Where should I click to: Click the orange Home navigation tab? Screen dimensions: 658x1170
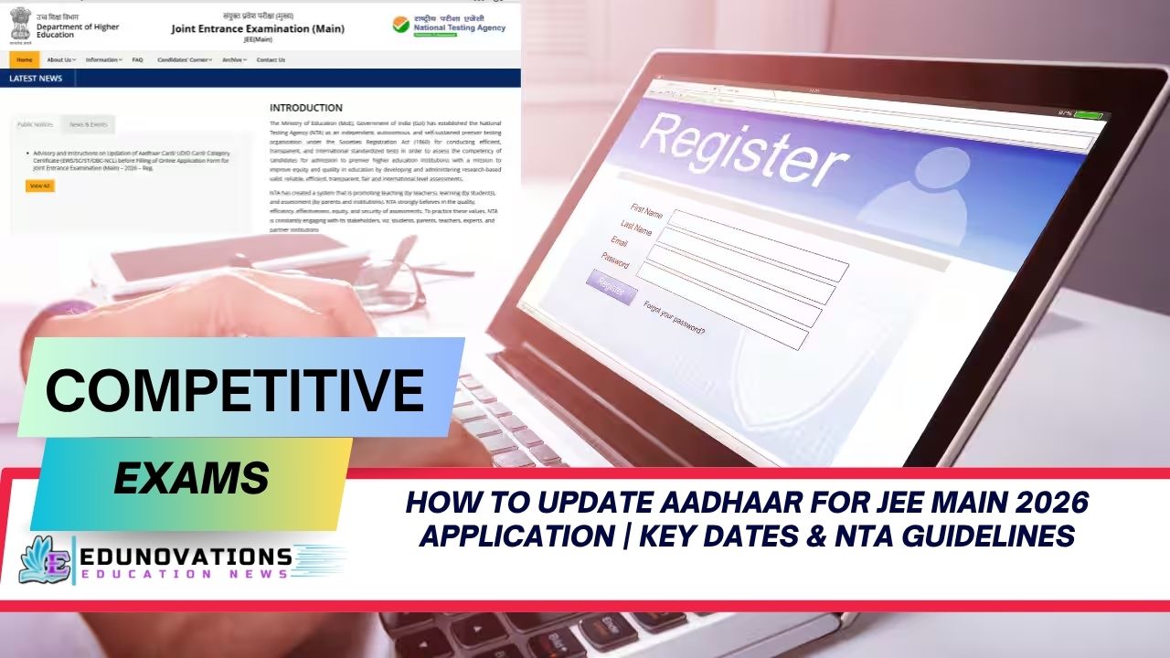[25, 59]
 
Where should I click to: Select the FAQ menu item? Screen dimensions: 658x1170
[137, 59]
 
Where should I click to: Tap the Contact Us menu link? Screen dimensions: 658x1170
[271, 59]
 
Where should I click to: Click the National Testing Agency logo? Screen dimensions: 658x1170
[448, 25]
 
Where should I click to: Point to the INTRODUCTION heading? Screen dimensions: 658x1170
[305, 108]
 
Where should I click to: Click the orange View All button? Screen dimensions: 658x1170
[40, 186]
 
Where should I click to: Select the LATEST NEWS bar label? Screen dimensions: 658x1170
[36, 79]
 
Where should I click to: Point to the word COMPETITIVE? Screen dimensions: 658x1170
[235, 389]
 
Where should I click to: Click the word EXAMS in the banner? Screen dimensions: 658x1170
[191, 477]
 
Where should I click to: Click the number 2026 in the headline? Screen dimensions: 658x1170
[1036, 503]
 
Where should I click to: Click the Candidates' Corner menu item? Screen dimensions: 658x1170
[184, 59]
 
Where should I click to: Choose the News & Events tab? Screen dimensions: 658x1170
[88, 124]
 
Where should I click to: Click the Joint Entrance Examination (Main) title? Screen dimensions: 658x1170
[258, 28]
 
